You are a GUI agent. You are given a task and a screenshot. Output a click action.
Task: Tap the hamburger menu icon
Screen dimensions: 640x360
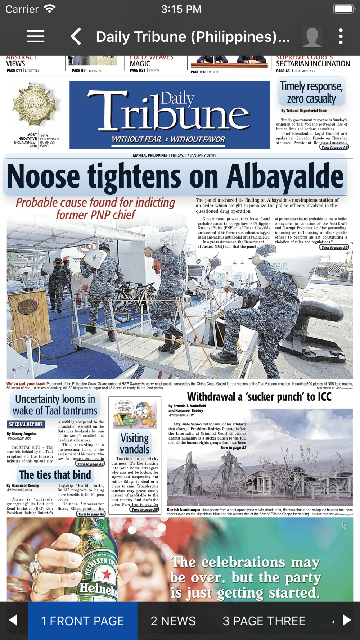(x=36, y=36)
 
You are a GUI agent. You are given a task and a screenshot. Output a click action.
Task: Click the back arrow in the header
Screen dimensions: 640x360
(x=76, y=36)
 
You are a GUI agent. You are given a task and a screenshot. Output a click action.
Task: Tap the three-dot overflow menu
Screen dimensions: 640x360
(x=341, y=36)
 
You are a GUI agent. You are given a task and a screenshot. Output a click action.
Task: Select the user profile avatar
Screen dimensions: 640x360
(x=312, y=36)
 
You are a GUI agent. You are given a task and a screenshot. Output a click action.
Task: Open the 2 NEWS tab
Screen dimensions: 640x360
(x=173, y=621)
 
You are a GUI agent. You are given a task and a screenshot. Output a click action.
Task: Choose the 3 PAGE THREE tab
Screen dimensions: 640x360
(x=264, y=621)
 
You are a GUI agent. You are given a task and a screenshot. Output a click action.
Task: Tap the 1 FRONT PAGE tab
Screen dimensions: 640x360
(x=82, y=621)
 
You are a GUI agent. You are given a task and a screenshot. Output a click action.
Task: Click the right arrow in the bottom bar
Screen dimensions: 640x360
(x=347, y=620)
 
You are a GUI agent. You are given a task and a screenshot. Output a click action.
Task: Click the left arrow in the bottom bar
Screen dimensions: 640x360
(x=13, y=620)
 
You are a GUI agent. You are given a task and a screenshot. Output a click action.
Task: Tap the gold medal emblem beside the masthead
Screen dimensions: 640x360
(x=35, y=105)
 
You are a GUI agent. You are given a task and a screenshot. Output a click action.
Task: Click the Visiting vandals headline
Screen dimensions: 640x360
(x=135, y=443)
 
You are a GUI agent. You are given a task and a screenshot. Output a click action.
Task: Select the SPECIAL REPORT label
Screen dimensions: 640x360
(x=26, y=424)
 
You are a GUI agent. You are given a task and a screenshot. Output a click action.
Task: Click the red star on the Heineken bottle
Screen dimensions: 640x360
(x=107, y=574)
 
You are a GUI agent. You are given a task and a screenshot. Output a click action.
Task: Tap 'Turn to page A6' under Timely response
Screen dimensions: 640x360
(x=334, y=147)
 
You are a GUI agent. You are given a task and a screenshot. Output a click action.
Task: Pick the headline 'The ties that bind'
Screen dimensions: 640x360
(x=55, y=475)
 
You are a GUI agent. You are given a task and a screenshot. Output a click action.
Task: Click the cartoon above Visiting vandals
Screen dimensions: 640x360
(x=135, y=414)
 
